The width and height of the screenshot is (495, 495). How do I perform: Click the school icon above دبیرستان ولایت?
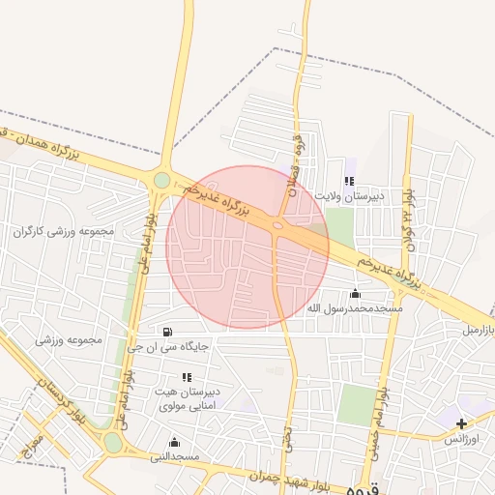tap(349, 180)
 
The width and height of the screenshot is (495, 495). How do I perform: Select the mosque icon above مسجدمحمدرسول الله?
tap(355, 294)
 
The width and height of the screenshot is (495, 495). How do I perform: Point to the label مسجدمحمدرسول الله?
tap(354, 308)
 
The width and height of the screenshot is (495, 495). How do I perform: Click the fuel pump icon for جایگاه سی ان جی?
tap(171, 332)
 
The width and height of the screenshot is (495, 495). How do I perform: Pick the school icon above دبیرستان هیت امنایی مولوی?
tap(186, 377)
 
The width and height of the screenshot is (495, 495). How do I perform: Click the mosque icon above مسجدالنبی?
tap(174, 441)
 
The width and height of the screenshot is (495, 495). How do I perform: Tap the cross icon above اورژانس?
tap(461, 423)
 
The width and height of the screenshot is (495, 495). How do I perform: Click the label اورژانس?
tap(461, 439)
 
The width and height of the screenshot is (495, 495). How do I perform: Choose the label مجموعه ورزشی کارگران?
tap(66, 232)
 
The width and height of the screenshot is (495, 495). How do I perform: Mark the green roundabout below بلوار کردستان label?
tap(113, 443)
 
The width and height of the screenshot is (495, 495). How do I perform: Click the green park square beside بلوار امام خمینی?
tap(358, 405)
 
